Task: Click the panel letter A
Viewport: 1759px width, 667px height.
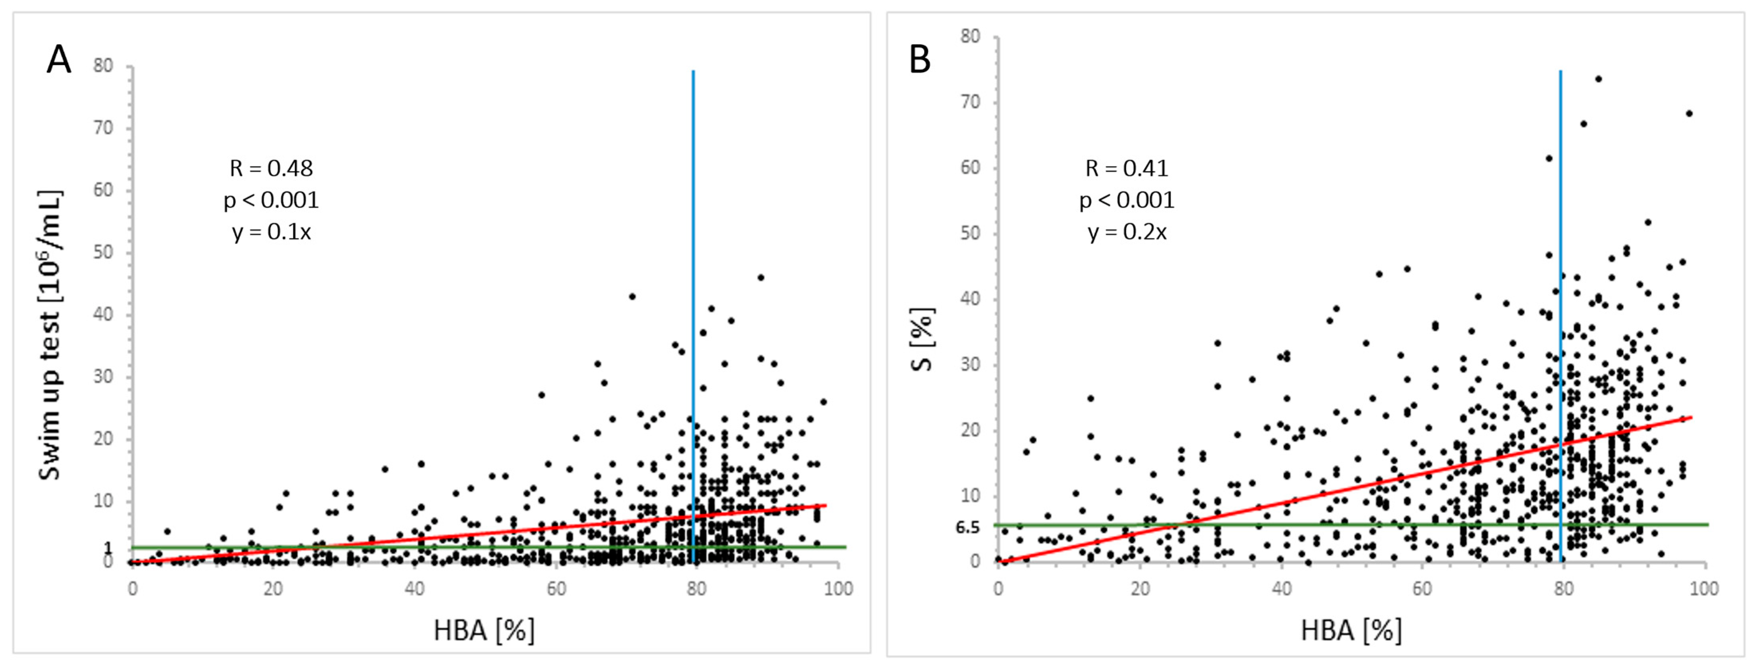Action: coord(59,60)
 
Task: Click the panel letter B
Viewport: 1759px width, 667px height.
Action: coord(920,60)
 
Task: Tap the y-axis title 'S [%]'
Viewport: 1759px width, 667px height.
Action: coord(922,339)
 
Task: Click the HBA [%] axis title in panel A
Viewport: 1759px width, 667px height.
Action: coord(484,630)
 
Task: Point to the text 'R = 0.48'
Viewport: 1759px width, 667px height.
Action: coord(271,168)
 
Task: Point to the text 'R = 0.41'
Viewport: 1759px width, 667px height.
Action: coord(1127,168)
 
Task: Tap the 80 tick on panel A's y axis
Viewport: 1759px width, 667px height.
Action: coord(103,65)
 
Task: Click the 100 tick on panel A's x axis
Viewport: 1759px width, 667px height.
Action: coord(838,588)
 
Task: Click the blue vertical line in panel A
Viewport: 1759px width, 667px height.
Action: coord(693,316)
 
